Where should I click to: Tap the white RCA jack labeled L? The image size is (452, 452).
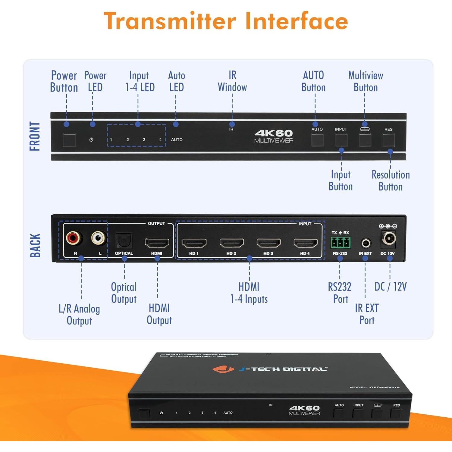[x=99, y=238]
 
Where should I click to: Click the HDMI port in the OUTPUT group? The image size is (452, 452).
[x=157, y=243]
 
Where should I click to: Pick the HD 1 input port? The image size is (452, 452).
[x=194, y=243]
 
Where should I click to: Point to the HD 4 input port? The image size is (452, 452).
[x=305, y=243]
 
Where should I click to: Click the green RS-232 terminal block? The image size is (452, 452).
[x=341, y=242]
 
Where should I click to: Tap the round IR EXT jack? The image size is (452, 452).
[x=366, y=243]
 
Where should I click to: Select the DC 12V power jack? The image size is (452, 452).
[x=389, y=239]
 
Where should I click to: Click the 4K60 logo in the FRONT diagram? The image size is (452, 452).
[x=274, y=133]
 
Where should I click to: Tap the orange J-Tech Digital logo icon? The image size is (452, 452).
[x=223, y=369]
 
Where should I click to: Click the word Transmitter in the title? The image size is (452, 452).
[x=170, y=21]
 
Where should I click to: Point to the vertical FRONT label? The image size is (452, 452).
[x=35, y=136]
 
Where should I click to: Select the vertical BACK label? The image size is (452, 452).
[x=35, y=245]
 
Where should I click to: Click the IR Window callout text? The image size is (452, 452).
[x=232, y=81]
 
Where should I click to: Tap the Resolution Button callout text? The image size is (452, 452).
[x=391, y=180]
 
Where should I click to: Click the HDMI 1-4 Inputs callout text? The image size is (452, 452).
[x=249, y=293]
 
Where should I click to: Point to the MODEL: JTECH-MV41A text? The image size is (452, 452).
[x=374, y=387]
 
